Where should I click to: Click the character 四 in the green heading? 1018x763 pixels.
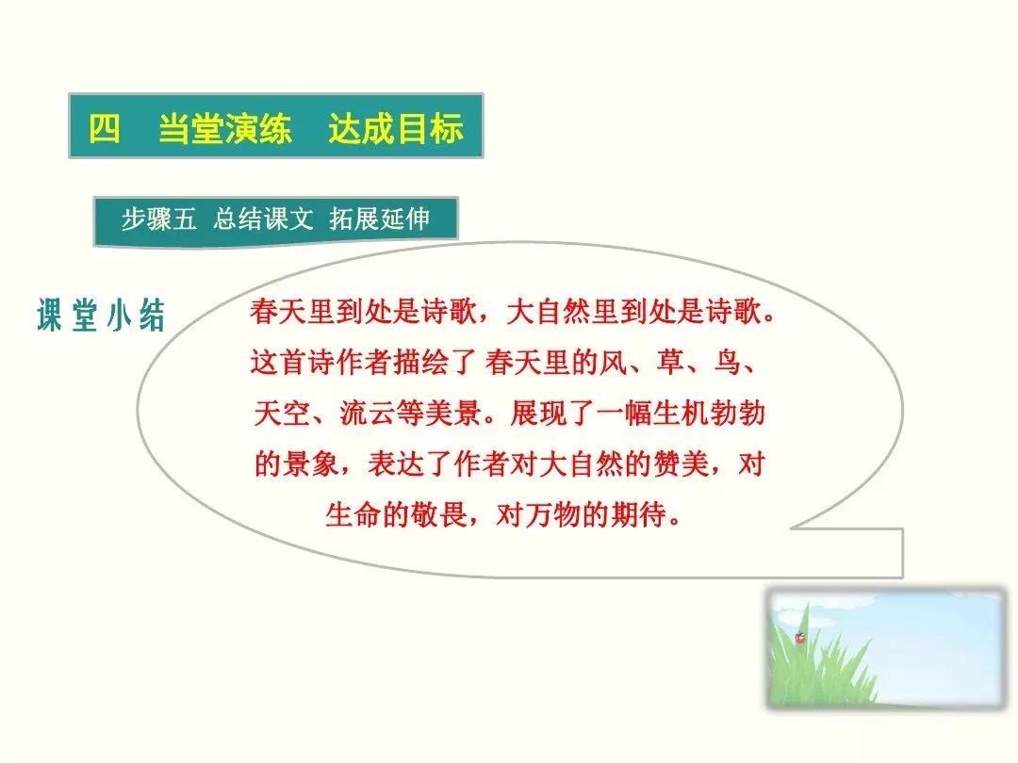click(105, 128)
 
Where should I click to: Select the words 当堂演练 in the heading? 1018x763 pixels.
click(225, 128)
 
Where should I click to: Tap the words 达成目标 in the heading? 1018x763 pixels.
click(396, 128)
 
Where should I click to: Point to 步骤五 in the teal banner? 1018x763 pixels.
click(158, 219)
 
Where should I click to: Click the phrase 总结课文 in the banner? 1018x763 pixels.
click(263, 219)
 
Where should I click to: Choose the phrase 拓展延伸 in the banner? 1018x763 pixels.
click(380, 219)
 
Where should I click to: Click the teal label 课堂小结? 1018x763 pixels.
click(101, 316)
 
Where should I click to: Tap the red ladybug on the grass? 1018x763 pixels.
click(799, 639)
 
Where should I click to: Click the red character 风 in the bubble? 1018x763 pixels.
click(614, 362)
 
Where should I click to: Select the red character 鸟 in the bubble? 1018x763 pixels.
click(727, 362)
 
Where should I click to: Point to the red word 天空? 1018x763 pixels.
click(281, 413)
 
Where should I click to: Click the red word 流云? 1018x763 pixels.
click(367, 413)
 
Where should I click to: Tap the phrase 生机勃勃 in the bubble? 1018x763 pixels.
click(708, 413)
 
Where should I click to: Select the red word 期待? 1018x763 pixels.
click(639, 514)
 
